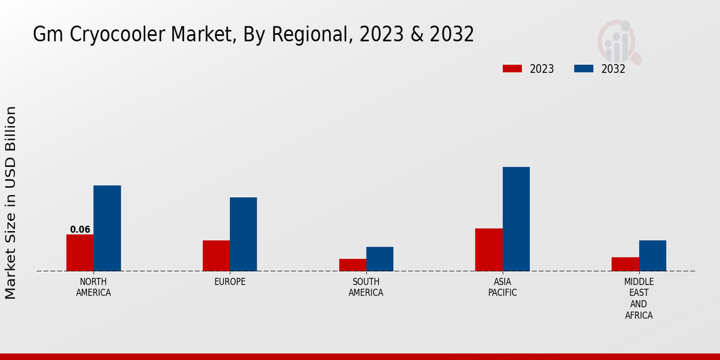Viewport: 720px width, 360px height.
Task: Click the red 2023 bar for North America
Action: (80, 253)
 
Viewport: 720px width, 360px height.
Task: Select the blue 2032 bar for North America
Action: (107, 228)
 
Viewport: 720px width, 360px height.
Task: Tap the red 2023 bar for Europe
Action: (216, 256)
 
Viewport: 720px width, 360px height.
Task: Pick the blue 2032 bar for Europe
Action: (243, 234)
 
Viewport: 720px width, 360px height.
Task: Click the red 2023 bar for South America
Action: (352, 265)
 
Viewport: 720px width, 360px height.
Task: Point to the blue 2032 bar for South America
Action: (380, 259)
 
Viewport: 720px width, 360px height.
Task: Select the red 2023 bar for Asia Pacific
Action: (489, 250)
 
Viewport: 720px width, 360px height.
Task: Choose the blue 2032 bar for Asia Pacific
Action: (516, 219)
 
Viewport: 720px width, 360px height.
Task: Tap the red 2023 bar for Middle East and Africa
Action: (625, 264)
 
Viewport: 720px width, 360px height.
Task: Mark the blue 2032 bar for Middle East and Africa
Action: (652, 256)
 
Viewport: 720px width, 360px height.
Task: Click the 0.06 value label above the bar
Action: (80, 230)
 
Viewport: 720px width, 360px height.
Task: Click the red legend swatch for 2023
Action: (512, 68)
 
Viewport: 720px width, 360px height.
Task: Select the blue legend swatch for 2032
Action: (584, 68)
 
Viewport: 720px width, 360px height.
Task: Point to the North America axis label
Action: (94, 287)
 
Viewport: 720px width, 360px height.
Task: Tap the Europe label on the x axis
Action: (230, 282)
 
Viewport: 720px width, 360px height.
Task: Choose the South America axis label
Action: (366, 287)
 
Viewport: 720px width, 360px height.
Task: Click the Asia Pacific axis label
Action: (502, 287)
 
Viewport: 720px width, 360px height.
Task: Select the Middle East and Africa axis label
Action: (638, 298)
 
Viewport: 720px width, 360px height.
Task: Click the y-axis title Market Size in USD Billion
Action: (11, 203)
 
